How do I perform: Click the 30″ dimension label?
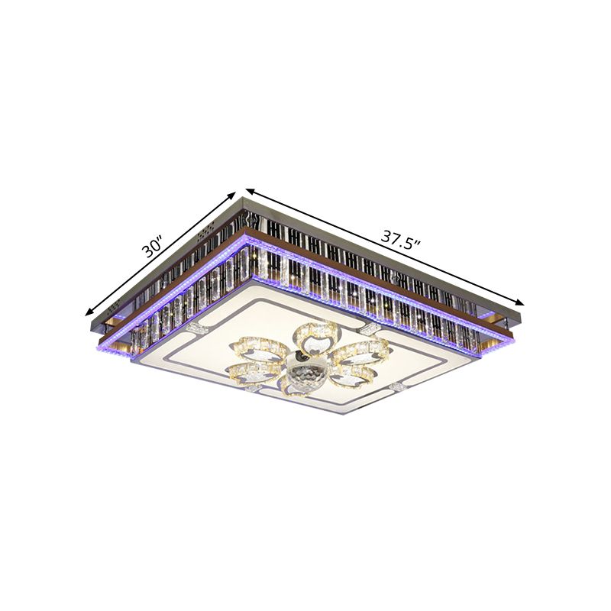coord(153,248)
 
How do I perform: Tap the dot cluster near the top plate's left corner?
coord(115,308)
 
